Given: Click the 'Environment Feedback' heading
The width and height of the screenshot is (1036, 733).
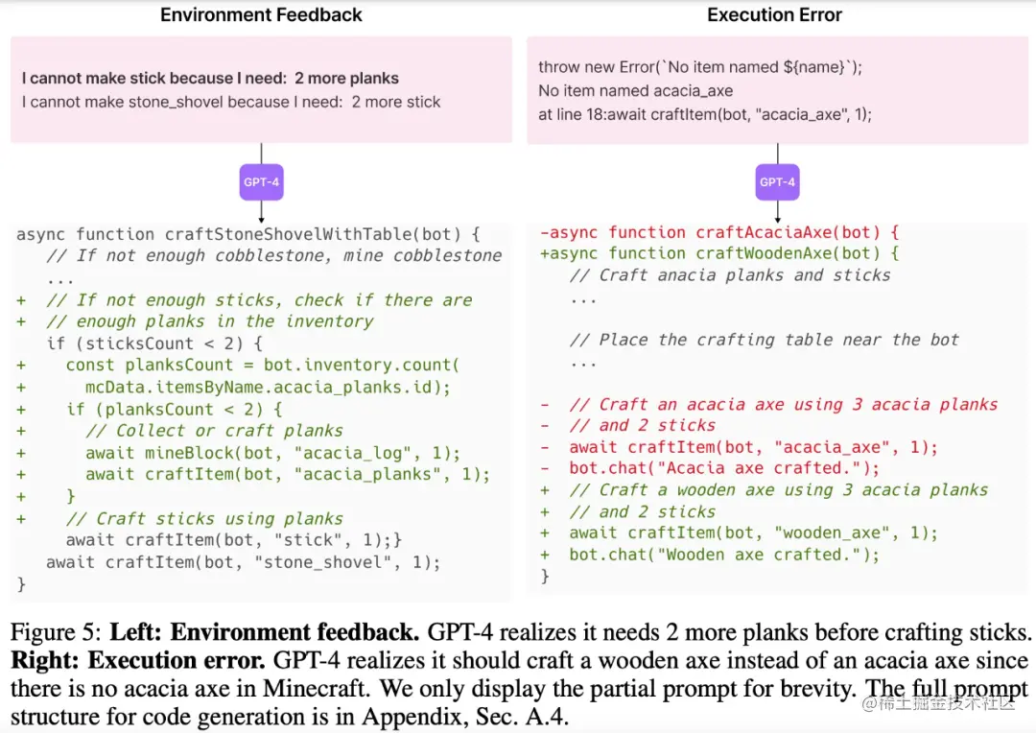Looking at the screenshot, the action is (261, 14).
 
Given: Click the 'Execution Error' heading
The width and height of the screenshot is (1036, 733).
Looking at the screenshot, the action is (774, 14).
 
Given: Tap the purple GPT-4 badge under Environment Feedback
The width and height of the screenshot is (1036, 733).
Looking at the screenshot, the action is (261, 182).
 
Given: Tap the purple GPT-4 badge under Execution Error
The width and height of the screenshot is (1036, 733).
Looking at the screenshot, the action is (777, 182).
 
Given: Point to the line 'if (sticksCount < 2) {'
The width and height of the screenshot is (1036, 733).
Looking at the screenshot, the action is (154, 343).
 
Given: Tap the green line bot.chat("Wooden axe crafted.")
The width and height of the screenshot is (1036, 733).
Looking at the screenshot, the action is (724, 555).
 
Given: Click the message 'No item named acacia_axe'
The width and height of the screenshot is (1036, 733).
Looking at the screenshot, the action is (635, 91).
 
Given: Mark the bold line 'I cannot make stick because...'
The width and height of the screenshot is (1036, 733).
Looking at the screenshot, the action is (210, 79).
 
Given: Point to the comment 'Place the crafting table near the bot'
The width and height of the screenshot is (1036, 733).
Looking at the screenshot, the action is (765, 340).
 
